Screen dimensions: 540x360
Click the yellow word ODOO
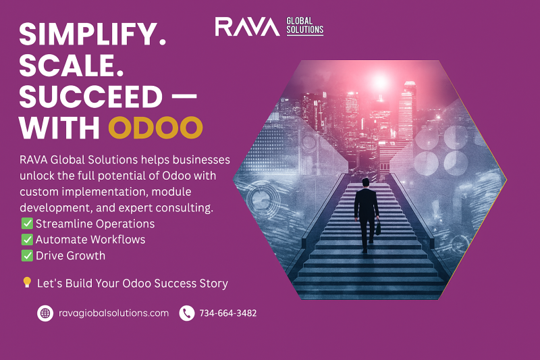point(155,127)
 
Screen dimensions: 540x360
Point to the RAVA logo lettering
point(247,26)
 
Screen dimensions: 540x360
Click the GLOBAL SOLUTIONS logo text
point(305,26)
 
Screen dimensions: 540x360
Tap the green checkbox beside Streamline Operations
point(27,224)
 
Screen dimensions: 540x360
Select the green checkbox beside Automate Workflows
point(27,239)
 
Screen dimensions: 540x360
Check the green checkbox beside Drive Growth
point(27,255)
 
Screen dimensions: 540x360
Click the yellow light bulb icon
point(27,282)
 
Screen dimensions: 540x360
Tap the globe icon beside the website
point(45,313)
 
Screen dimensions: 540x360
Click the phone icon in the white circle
point(187,313)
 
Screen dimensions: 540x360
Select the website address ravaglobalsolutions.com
point(113,313)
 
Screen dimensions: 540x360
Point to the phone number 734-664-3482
point(228,313)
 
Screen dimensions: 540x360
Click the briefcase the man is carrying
point(378,228)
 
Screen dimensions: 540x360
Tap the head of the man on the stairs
point(365,182)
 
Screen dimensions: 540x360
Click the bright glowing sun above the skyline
point(380,82)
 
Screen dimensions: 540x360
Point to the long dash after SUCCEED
point(184,96)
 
